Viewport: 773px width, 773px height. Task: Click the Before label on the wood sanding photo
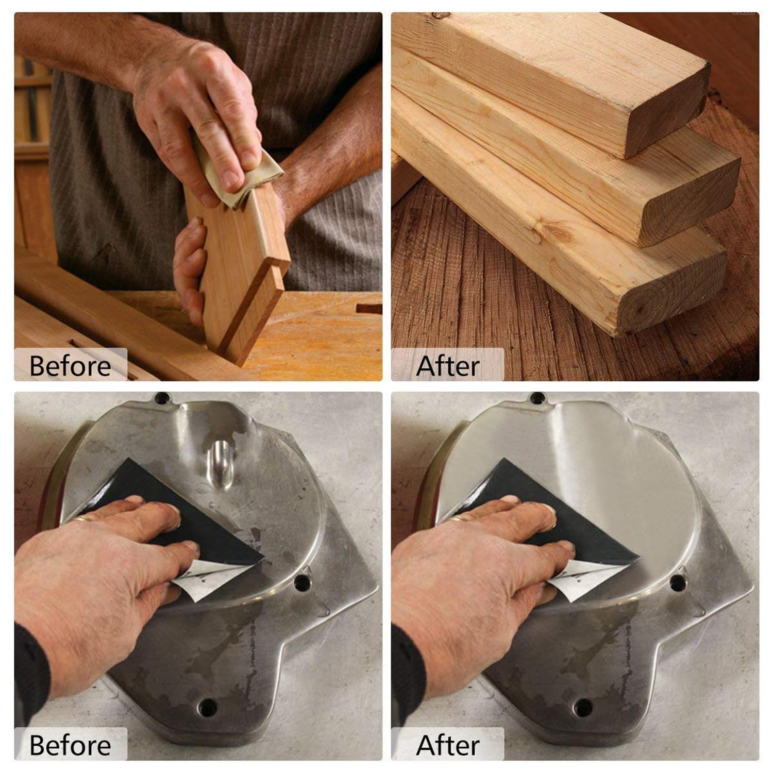[70, 366]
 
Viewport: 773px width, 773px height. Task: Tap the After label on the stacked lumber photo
[447, 366]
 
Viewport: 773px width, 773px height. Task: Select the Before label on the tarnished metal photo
[70, 745]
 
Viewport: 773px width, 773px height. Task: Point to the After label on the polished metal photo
[447, 745]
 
